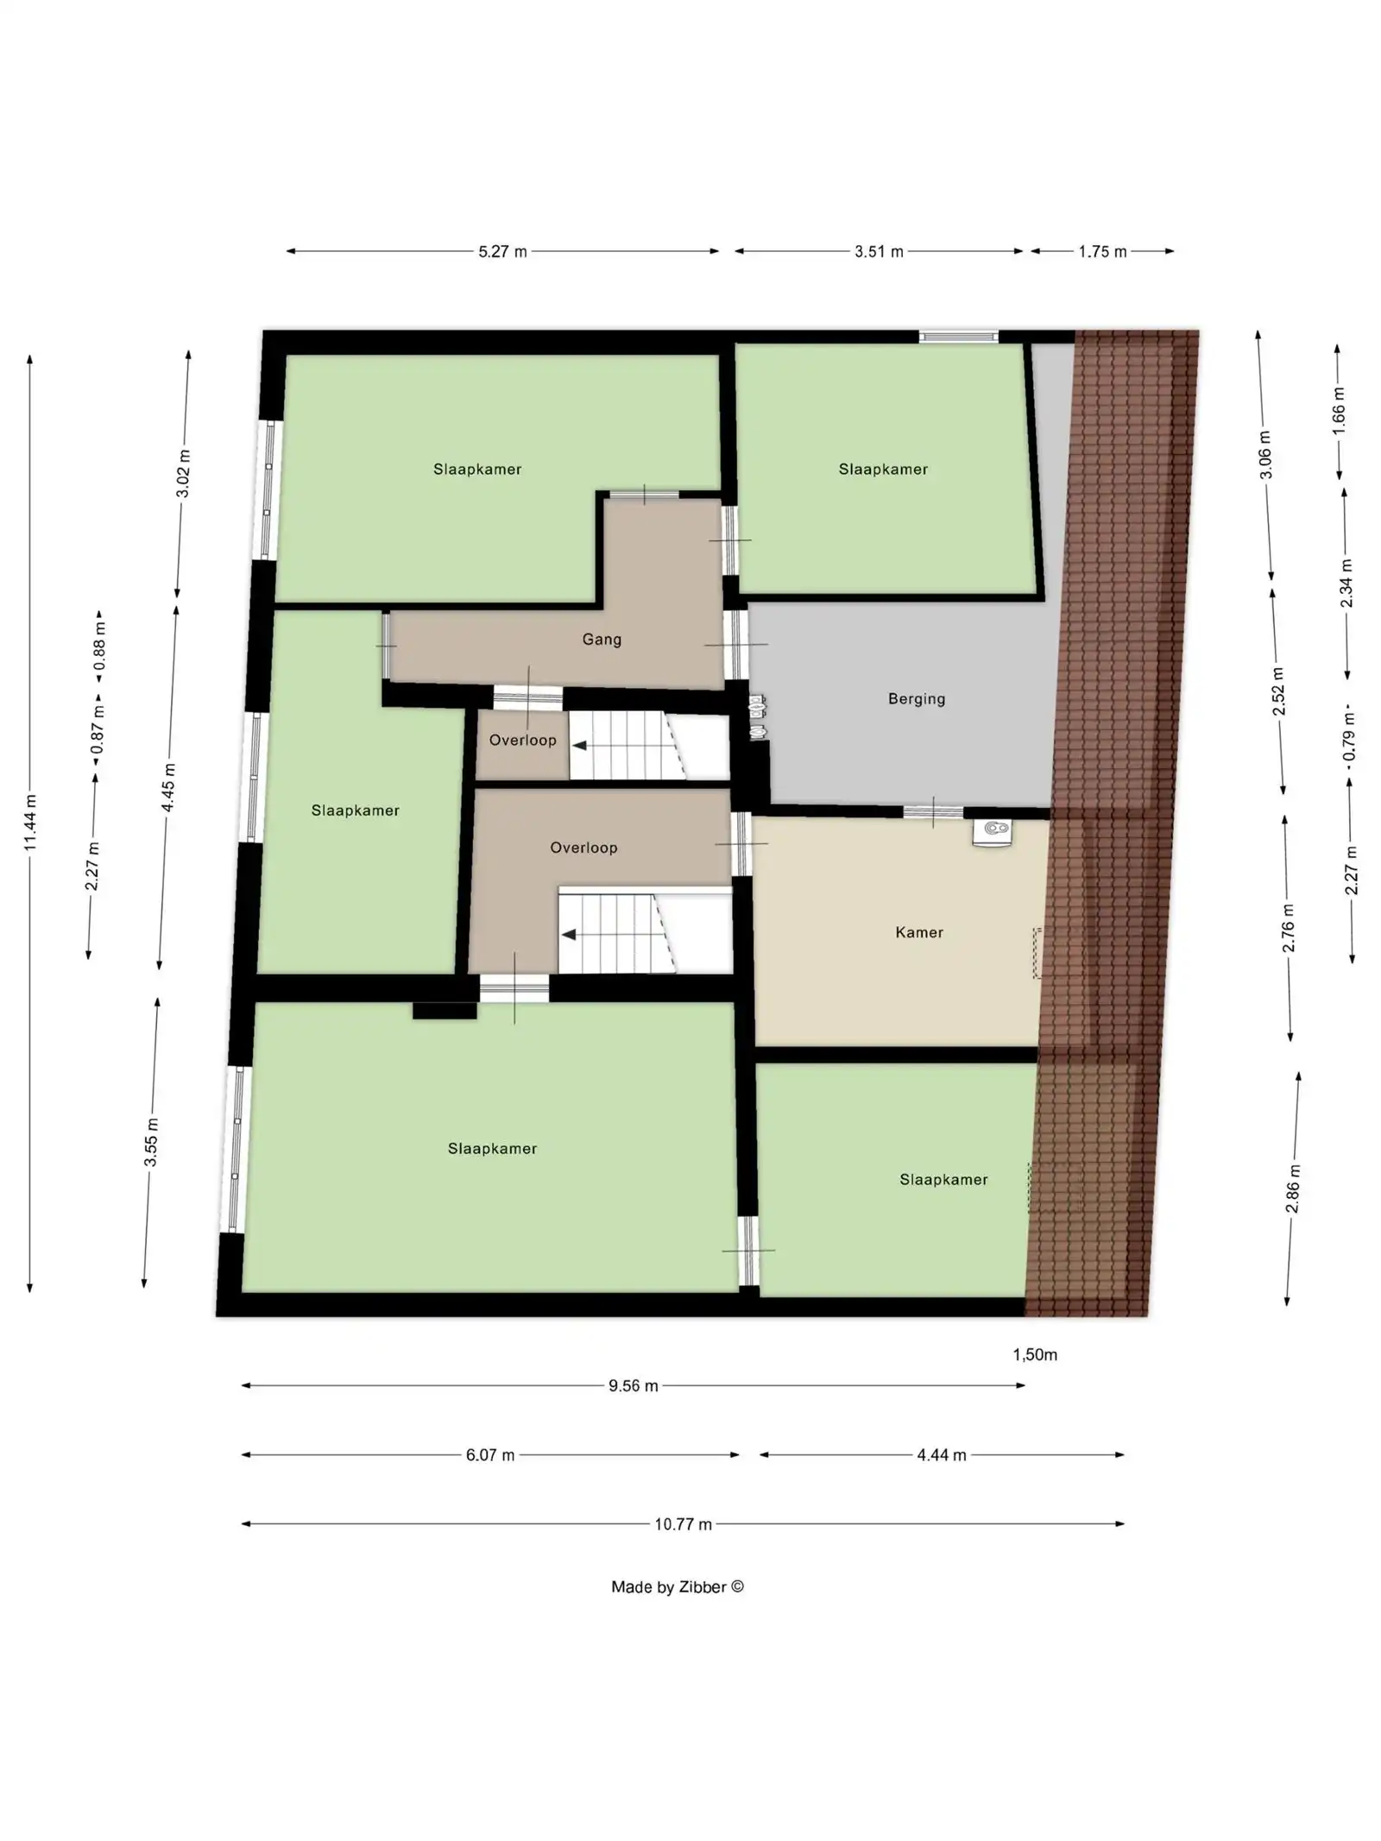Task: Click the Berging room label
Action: (x=916, y=698)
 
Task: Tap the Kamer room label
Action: (x=918, y=931)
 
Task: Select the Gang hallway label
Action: (x=601, y=639)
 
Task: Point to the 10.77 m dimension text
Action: (x=682, y=1523)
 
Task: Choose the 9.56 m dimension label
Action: (x=633, y=1385)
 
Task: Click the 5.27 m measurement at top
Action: (x=502, y=251)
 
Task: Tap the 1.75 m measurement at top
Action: (x=1101, y=251)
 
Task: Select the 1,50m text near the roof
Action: (x=1034, y=1354)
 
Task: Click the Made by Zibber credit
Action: (x=677, y=1586)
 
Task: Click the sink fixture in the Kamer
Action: (x=994, y=831)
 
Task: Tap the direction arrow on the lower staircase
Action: (x=569, y=934)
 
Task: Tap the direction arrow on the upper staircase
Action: (x=580, y=746)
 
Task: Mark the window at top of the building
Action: (x=958, y=337)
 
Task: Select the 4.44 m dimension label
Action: (x=941, y=1454)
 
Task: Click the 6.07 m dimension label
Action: (x=489, y=1454)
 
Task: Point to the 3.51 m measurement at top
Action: (x=879, y=251)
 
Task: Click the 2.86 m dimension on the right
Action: (x=1292, y=1188)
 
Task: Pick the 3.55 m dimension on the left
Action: (x=151, y=1141)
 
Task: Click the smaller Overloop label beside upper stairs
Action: (x=522, y=740)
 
